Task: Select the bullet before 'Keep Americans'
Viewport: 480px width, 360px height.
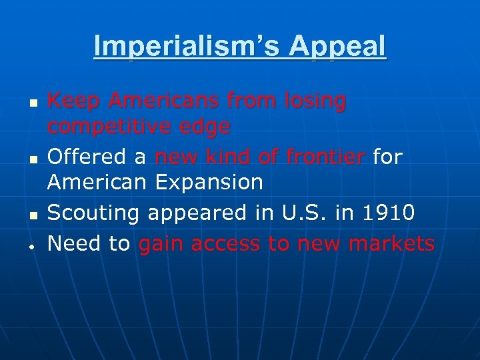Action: click(33, 105)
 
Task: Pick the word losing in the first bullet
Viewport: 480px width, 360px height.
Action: click(315, 102)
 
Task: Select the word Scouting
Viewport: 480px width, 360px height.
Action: click(93, 213)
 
